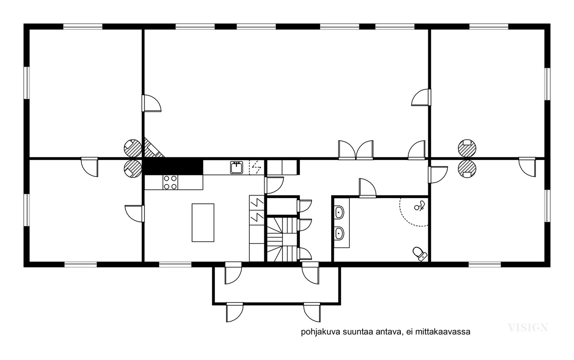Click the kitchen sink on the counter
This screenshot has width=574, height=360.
(x=236, y=167)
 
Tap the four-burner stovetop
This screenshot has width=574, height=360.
(x=170, y=182)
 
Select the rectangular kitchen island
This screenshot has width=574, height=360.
(x=203, y=223)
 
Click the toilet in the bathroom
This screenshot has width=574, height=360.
(x=420, y=254)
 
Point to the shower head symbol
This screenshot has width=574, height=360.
(x=420, y=205)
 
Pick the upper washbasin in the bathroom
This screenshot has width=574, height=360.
(x=339, y=212)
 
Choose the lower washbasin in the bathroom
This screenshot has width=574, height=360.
(x=339, y=233)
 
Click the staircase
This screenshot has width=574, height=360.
(x=282, y=240)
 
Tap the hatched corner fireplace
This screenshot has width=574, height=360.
(x=153, y=148)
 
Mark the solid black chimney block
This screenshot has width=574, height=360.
(x=173, y=167)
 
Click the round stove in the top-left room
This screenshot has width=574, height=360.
(x=133, y=148)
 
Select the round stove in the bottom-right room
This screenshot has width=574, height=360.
(x=467, y=169)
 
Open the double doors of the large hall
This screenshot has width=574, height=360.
(x=356, y=150)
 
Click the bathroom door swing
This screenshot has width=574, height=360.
(x=367, y=188)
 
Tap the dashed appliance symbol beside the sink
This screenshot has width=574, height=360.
(x=257, y=167)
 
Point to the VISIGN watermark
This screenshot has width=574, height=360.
(x=528, y=327)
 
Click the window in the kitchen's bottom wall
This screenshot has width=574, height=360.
(x=175, y=264)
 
